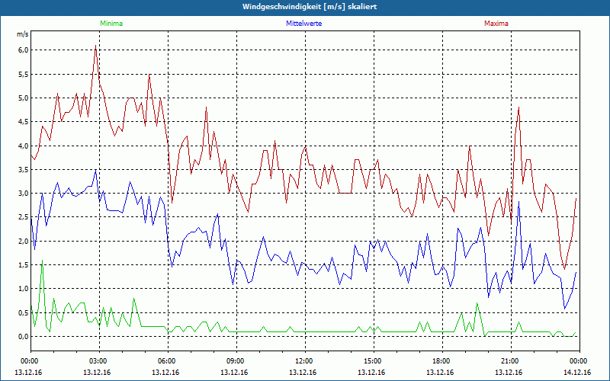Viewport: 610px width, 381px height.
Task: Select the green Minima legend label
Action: [111, 24]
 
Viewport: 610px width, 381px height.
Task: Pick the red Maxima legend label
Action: [496, 24]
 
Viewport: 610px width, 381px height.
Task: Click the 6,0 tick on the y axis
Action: [23, 50]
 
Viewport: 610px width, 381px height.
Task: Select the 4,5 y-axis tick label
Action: [23, 122]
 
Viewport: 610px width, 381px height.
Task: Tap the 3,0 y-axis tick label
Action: [23, 194]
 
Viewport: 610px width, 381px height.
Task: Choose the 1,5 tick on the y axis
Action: [23, 264]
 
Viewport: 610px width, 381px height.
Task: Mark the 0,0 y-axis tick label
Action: [23, 336]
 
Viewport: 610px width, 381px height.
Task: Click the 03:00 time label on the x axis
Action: [98, 360]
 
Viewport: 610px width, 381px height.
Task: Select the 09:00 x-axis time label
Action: [236, 360]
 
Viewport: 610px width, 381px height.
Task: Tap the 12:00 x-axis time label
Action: [304, 360]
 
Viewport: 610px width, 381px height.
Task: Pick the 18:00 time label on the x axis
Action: [441, 360]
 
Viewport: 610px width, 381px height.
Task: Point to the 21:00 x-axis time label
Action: [510, 360]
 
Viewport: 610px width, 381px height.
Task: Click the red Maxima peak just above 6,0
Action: [95, 46]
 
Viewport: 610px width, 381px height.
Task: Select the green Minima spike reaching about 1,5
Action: [42, 262]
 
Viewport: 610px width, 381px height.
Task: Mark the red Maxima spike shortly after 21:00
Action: [518, 107]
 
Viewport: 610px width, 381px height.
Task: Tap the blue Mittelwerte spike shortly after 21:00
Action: [518, 202]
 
